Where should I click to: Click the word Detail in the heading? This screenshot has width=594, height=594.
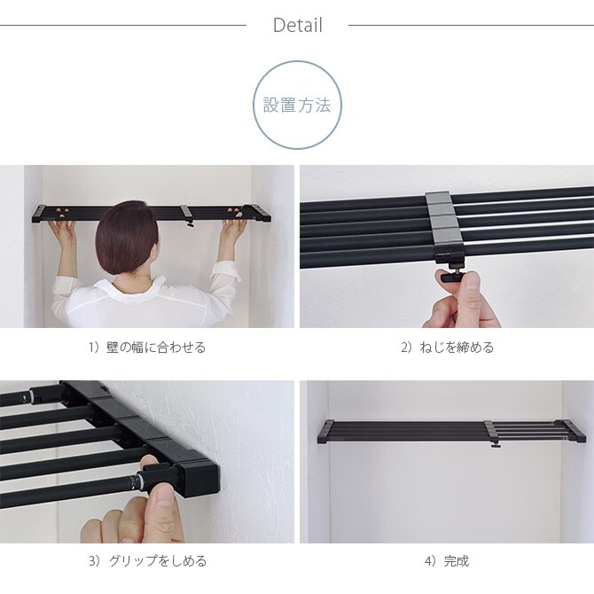click(x=297, y=25)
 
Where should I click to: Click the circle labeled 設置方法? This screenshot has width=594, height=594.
click(x=297, y=105)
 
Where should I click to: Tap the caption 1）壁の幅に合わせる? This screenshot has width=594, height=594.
click(x=146, y=348)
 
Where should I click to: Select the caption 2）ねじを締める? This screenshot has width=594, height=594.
click(x=447, y=348)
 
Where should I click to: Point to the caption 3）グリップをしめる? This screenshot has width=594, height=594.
click(x=146, y=560)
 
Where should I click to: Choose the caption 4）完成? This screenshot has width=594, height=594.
click(x=447, y=560)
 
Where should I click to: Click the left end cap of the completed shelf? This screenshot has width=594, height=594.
click(x=325, y=432)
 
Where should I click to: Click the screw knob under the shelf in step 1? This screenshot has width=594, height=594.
click(x=190, y=223)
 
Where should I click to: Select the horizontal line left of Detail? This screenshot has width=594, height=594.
click(x=123, y=25)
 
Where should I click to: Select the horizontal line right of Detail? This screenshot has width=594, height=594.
click(x=471, y=25)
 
